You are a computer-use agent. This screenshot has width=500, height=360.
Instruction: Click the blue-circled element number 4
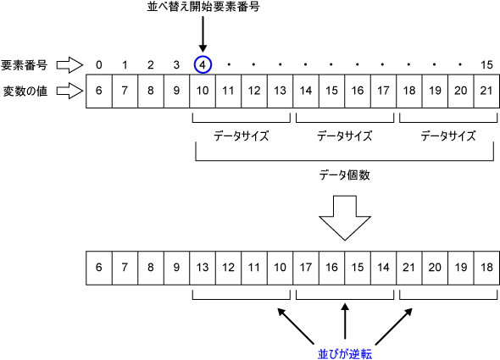pos(203,64)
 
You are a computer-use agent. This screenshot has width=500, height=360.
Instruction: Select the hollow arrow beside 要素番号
pos(73,64)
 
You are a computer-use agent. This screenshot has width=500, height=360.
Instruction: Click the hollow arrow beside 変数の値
pos(73,89)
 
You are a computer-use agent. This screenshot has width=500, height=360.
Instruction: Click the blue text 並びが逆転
pos(345,352)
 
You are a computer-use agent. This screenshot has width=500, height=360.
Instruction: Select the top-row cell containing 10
pos(203,90)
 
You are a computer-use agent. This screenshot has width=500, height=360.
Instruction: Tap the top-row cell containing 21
pos(485,90)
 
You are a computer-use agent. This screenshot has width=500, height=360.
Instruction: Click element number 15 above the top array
pos(485,64)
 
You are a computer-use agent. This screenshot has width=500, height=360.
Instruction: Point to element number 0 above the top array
pos(99,64)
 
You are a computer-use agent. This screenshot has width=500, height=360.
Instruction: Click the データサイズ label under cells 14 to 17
pos(345,135)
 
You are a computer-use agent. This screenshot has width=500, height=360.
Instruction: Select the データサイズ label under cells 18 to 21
pos(447,135)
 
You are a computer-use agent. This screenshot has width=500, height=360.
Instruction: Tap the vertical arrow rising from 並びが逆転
pos(345,322)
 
